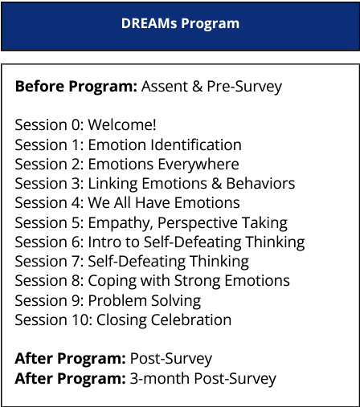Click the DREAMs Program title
(x=180, y=23)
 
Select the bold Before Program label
(x=76, y=87)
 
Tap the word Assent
(x=165, y=87)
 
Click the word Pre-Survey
(x=244, y=87)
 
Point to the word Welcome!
(x=122, y=125)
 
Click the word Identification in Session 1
(x=196, y=144)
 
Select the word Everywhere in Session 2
(x=198, y=165)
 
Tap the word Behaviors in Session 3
(x=260, y=184)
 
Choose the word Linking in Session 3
(x=112, y=184)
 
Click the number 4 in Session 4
(x=76, y=203)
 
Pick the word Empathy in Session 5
(x=121, y=223)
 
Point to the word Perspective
(x=198, y=223)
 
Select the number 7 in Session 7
(x=76, y=262)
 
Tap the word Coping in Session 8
(x=112, y=281)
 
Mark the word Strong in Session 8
(x=198, y=281)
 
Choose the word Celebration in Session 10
(x=191, y=320)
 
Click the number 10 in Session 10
(x=82, y=320)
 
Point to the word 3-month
(x=160, y=379)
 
